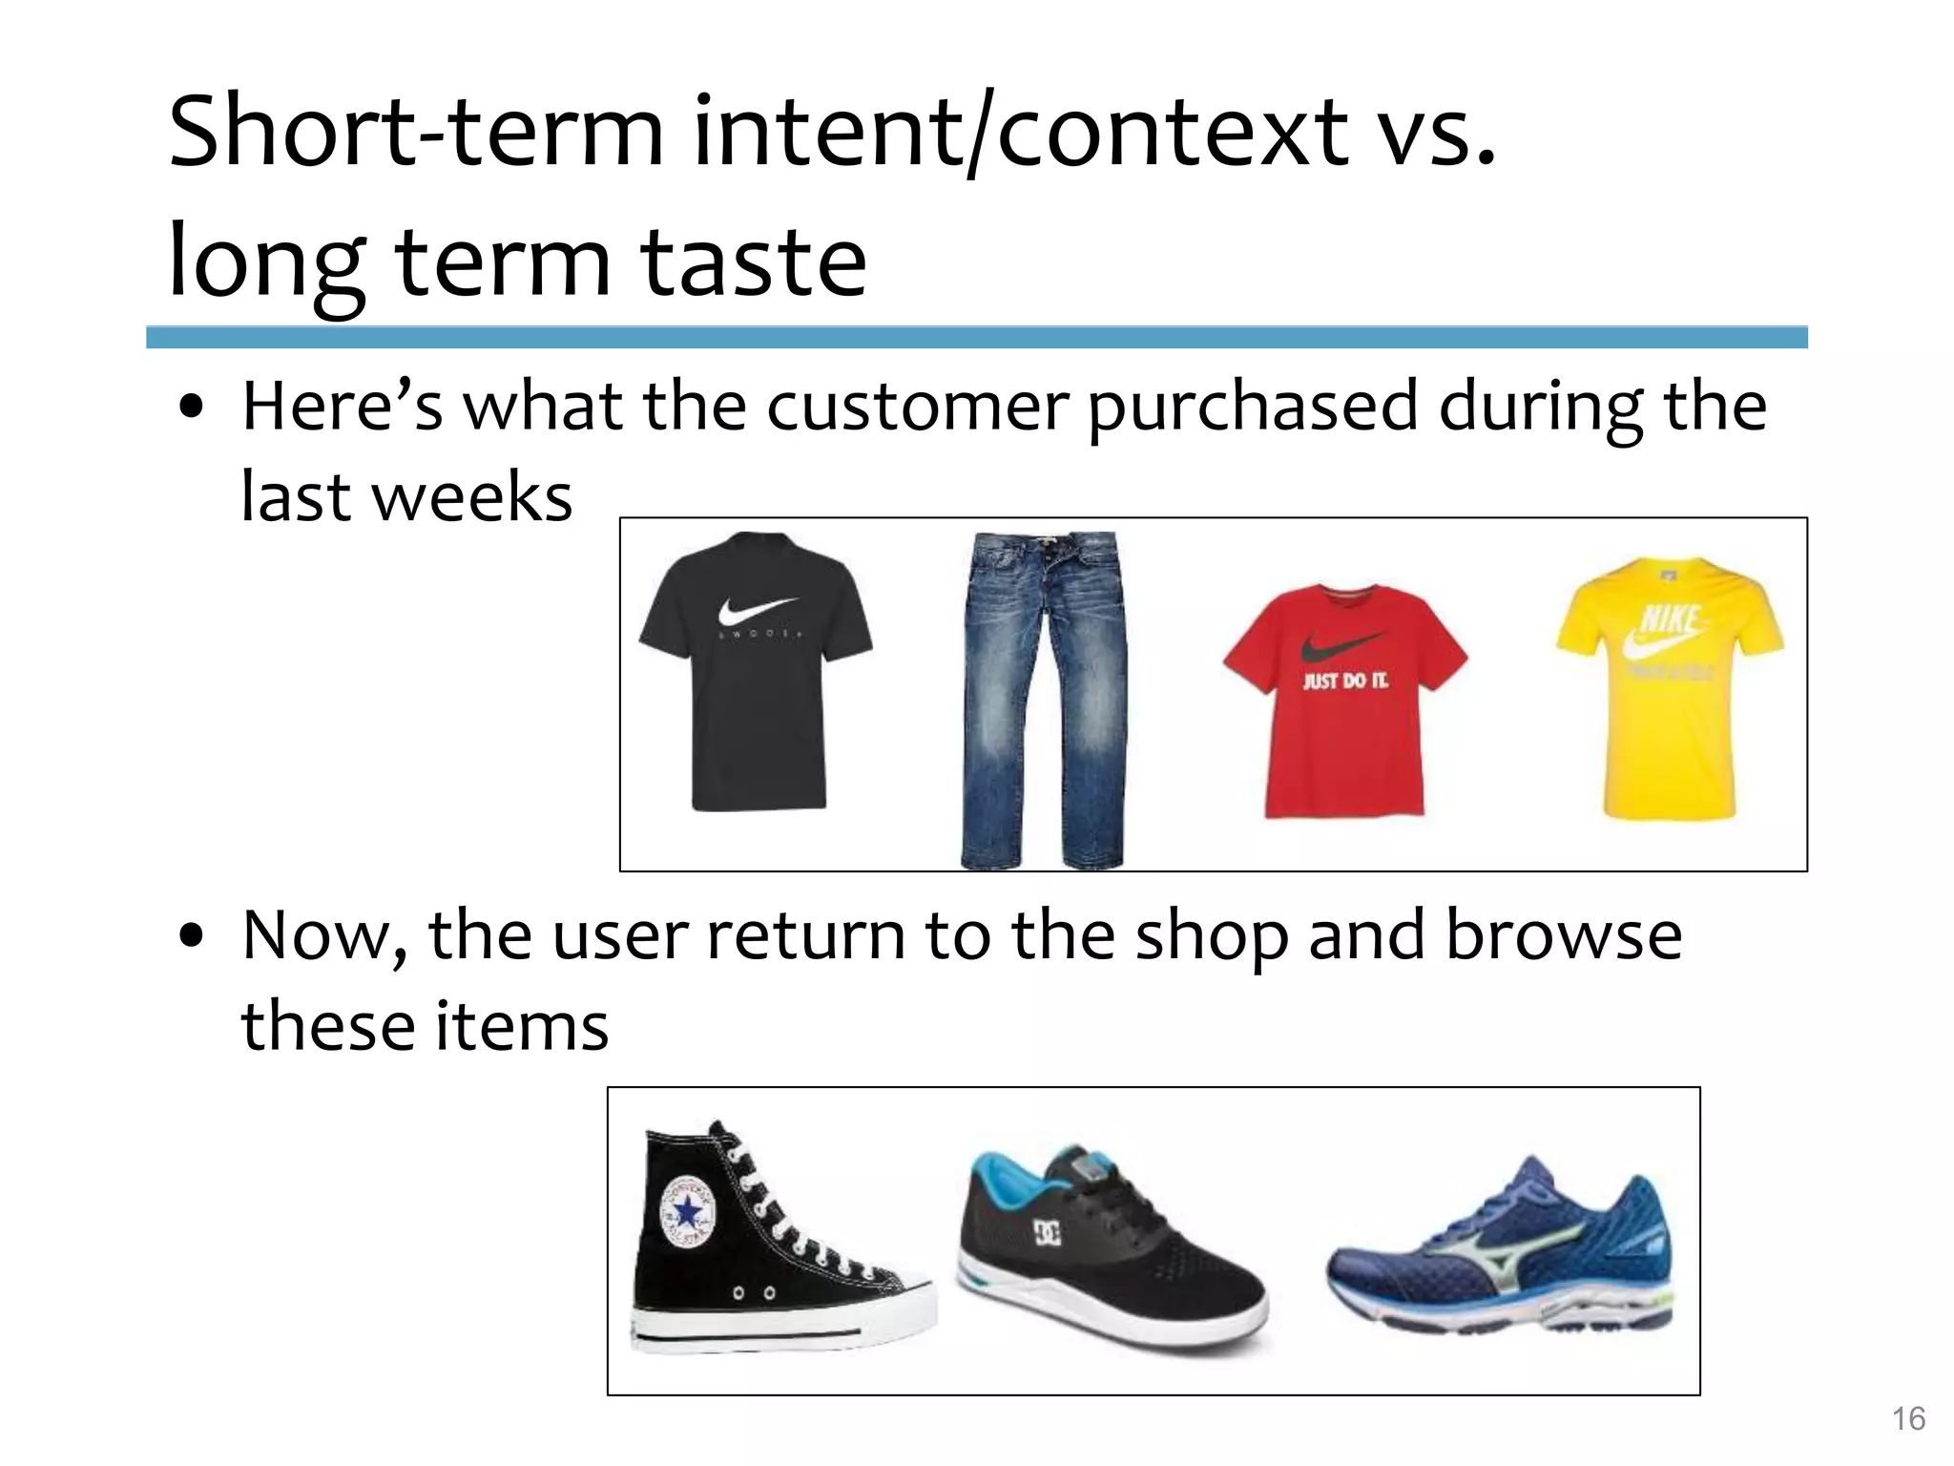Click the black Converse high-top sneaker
763,1250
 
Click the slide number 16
1908,1419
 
